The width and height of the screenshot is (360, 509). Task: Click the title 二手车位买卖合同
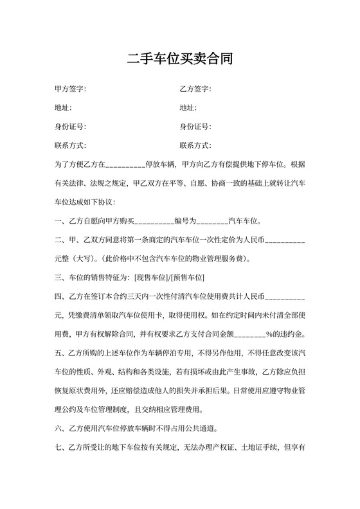pos(179,60)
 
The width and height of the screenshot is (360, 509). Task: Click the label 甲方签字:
pos(71,89)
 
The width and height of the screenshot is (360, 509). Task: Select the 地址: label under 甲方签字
pos(63,107)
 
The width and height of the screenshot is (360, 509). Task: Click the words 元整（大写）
pos(75,259)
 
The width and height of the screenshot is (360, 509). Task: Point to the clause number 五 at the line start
pos(59,353)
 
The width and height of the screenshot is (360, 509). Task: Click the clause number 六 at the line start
pos(59,429)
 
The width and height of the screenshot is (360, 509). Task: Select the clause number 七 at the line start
pos(59,448)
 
